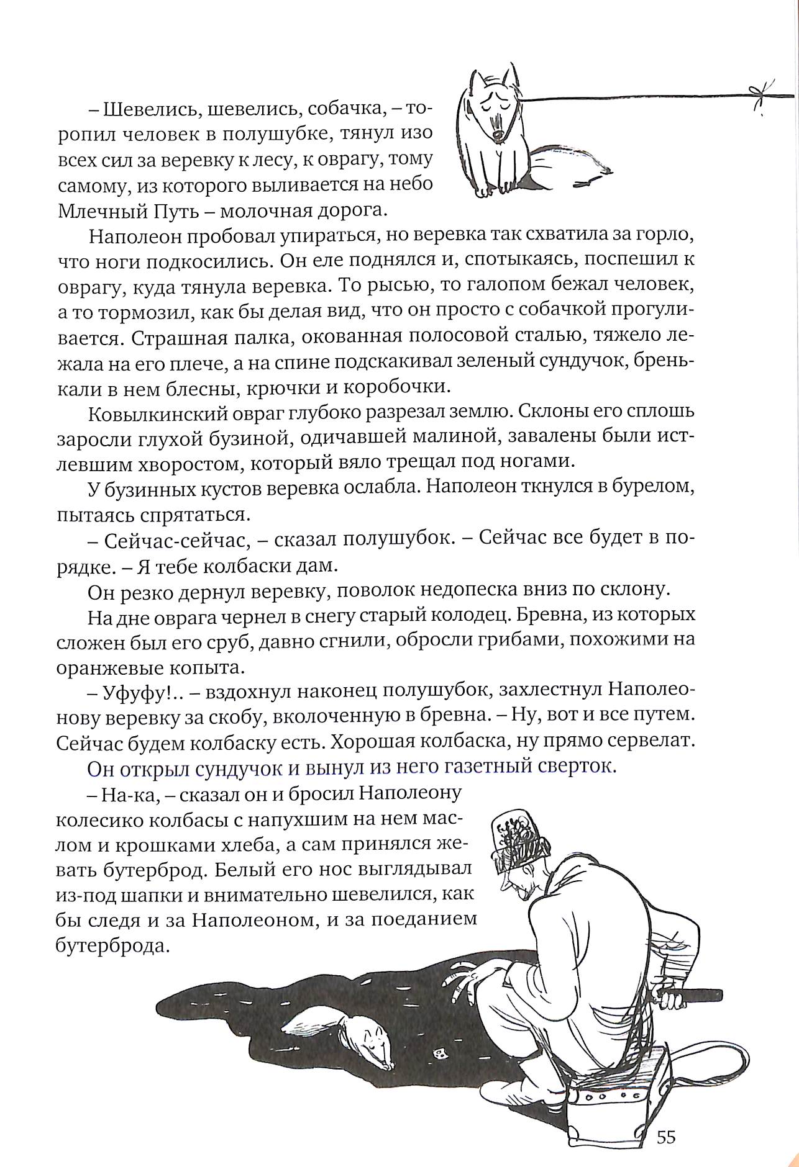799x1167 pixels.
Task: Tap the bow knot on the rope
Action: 757,94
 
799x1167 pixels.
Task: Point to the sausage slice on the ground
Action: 443,1052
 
